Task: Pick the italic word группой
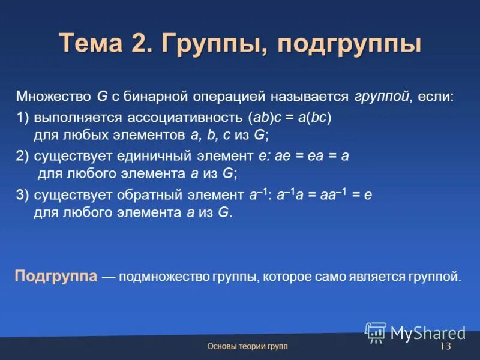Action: tap(381, 97)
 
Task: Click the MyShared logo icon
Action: tap(376, 332)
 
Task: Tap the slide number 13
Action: tap(445, 347)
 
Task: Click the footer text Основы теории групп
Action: tap(247, 347)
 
